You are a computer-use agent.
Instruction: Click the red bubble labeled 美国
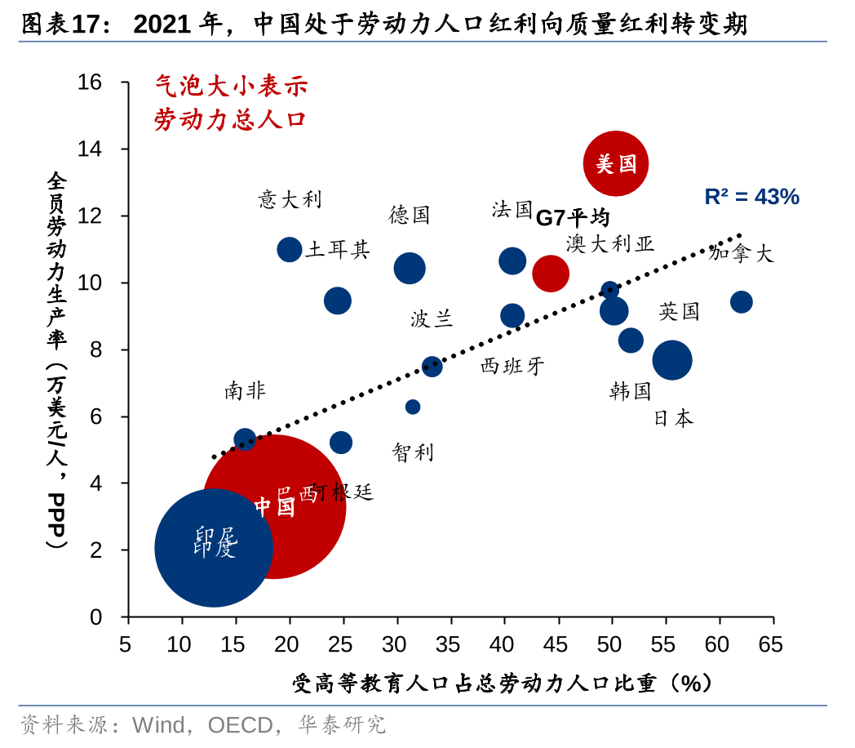[616, 163]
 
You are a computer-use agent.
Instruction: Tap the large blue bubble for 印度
[213, 547]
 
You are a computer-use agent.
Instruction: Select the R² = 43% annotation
[751, 197]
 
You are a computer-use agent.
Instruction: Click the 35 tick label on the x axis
[449, 645]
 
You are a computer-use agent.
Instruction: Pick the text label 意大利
[290, 199]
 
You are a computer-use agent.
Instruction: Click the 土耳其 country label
[337, 250]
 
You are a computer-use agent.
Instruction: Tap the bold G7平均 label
[573, 217]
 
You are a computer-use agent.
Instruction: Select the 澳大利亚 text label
[610, 243]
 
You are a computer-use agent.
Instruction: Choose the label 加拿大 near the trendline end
[741, 253]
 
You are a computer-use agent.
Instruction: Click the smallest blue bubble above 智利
[413, 407]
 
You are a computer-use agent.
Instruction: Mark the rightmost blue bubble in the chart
[741, 302]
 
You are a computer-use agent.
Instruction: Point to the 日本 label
[674, 418]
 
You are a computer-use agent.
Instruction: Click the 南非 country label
[245, 391]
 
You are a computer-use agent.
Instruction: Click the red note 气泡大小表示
[232, 86]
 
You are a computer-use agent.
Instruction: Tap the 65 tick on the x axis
[771, 645]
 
